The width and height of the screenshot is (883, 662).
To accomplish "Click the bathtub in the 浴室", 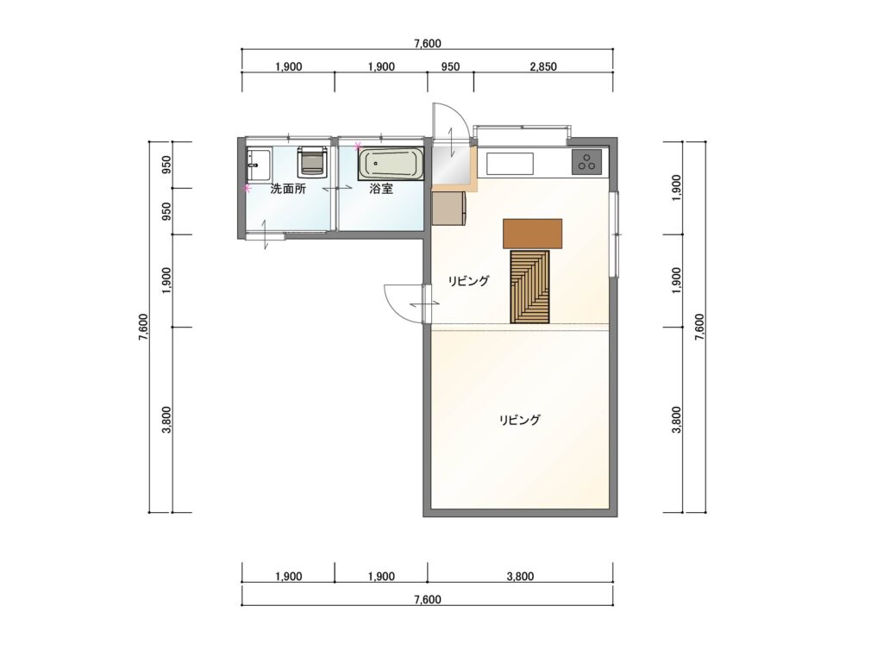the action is point(391,165).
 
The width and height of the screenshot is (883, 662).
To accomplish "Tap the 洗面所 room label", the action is point(288,189).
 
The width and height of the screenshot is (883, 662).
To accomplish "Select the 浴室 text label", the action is point(381,189).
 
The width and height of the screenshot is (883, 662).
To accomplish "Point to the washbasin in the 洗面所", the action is point(259,165).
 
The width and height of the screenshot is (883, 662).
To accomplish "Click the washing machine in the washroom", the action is point(312,160).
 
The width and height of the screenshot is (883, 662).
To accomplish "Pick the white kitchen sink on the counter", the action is point(510,164).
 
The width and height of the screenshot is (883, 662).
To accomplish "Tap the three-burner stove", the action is point(586,161).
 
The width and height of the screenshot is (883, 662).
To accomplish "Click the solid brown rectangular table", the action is point(532,234).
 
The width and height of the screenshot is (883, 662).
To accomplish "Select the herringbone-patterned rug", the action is point(530,287).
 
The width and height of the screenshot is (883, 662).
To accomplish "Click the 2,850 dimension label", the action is point(543,67).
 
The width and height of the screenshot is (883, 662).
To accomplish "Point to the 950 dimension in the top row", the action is point(450,67).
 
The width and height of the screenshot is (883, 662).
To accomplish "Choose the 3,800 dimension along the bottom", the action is point(520,577).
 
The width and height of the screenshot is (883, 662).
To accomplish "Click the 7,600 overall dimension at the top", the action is point(428,43).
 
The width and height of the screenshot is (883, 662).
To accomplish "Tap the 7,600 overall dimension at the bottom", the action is point(428,600).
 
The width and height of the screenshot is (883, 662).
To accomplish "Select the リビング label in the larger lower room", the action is point(520,420).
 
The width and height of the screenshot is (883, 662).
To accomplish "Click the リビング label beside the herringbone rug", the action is point(468,281).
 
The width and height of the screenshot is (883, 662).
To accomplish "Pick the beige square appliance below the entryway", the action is point(448,209).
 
